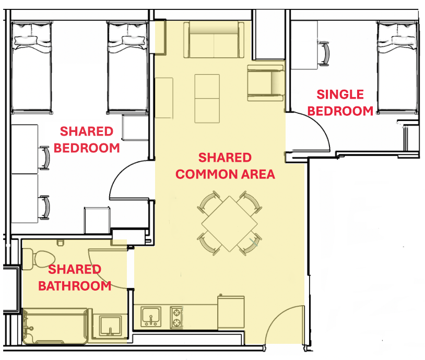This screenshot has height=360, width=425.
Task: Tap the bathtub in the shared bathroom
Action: click(x=55, y=326)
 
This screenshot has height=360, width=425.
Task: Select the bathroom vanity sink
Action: click(x=110, y=326)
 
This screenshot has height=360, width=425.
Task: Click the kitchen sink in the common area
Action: click(x=151, y=316)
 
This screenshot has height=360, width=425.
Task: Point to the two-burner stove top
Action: click(x=176, y=317)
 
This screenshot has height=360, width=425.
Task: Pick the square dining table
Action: click(x=229, y=224)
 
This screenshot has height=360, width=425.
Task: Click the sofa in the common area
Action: click(x=214, y=40)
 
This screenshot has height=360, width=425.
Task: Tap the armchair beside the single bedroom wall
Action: click(x=266, y=83)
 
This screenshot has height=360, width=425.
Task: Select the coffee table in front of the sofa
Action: click(x=207, y=99)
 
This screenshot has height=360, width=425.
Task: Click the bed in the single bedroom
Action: click(x=397, y=68)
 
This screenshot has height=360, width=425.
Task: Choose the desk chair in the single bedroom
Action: click(x=324, y=54)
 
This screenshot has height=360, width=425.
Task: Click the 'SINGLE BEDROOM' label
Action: click(x=340, y=103)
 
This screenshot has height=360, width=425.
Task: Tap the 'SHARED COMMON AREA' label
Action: click(x=225, y=166)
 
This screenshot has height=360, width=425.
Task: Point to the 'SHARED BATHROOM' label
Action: click(x=75, y=278)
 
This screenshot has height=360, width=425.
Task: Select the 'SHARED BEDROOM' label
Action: click(x=87, y=140)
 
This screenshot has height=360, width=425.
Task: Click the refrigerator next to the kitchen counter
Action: click(x=231, y=313)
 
